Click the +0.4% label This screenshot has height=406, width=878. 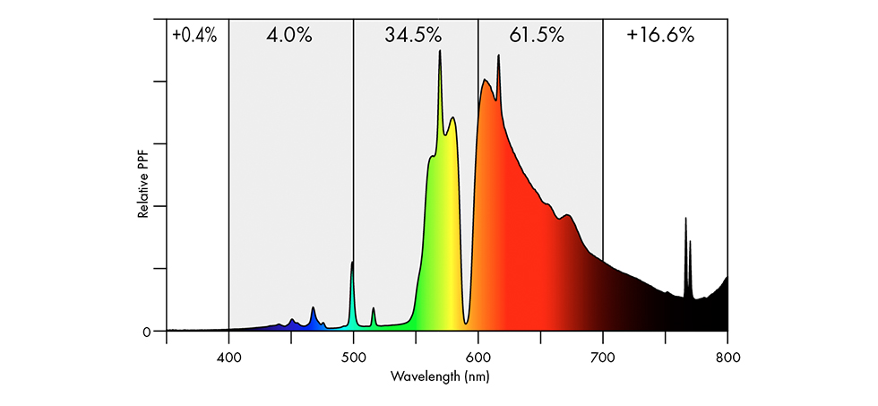pyautogui.click(x=194, y=36)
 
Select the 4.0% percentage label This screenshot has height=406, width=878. pyautogui.click(x=288, y=36)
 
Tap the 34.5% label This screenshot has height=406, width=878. pyautogui.click(x=413, y=36)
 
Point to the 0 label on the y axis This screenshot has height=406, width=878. pyautogui.click(x=146, y=332)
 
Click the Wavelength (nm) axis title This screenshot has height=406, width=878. pyautogui.click(x=440, y=377)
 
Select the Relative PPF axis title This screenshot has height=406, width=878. pyautogui.click(x=142, y=193)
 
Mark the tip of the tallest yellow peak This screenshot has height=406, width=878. pyautogui.click(x=440, y=51)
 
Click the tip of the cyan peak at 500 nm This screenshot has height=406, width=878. pyautogui.click(x=353, y=262)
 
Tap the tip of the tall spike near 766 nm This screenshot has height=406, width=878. pyautogui.click(x=685, y=218)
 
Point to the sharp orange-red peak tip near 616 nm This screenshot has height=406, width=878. pyautogui.click(x=498, y=56)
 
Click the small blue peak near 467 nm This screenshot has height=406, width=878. pyautogui.click(x=313, y=307)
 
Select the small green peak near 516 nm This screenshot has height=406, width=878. pyautogui.click(x=374, y=308)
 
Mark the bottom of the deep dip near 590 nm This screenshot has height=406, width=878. pyautogui.click(x=466, y=324)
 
